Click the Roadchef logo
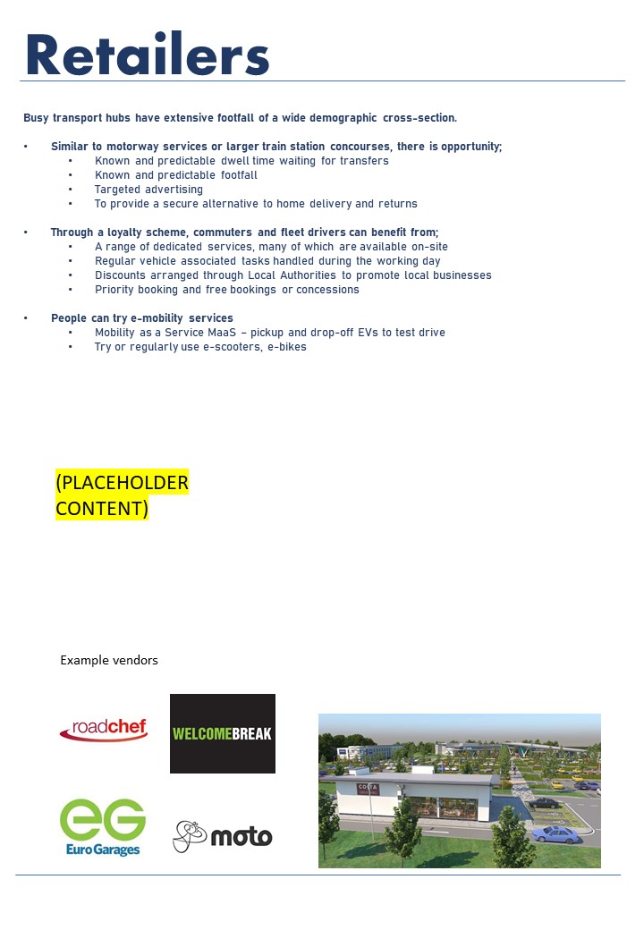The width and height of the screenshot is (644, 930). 104,731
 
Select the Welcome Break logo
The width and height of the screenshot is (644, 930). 223,733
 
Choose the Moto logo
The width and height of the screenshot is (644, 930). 223,836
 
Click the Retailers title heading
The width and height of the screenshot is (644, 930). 148,55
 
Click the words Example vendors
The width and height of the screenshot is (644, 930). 109,660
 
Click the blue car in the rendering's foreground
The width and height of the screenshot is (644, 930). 555,834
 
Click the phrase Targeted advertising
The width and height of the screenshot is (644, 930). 148,190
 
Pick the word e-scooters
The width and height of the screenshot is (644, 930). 224,347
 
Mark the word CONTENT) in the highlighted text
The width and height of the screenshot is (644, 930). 102,509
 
